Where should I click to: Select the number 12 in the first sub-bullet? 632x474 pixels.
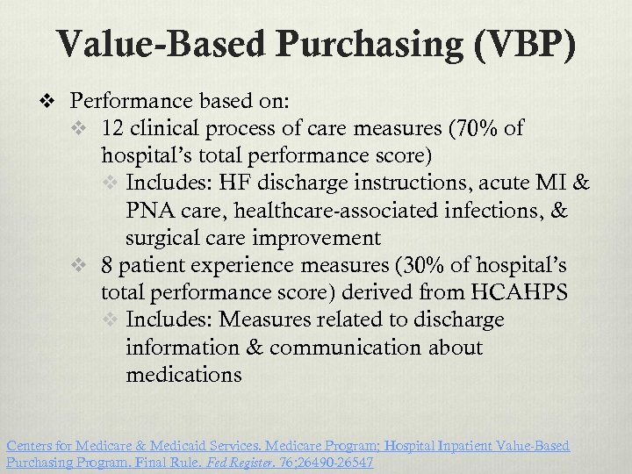[112, 129]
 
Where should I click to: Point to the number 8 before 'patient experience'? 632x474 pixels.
[107, 265]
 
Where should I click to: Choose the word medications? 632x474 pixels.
[183, 375]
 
